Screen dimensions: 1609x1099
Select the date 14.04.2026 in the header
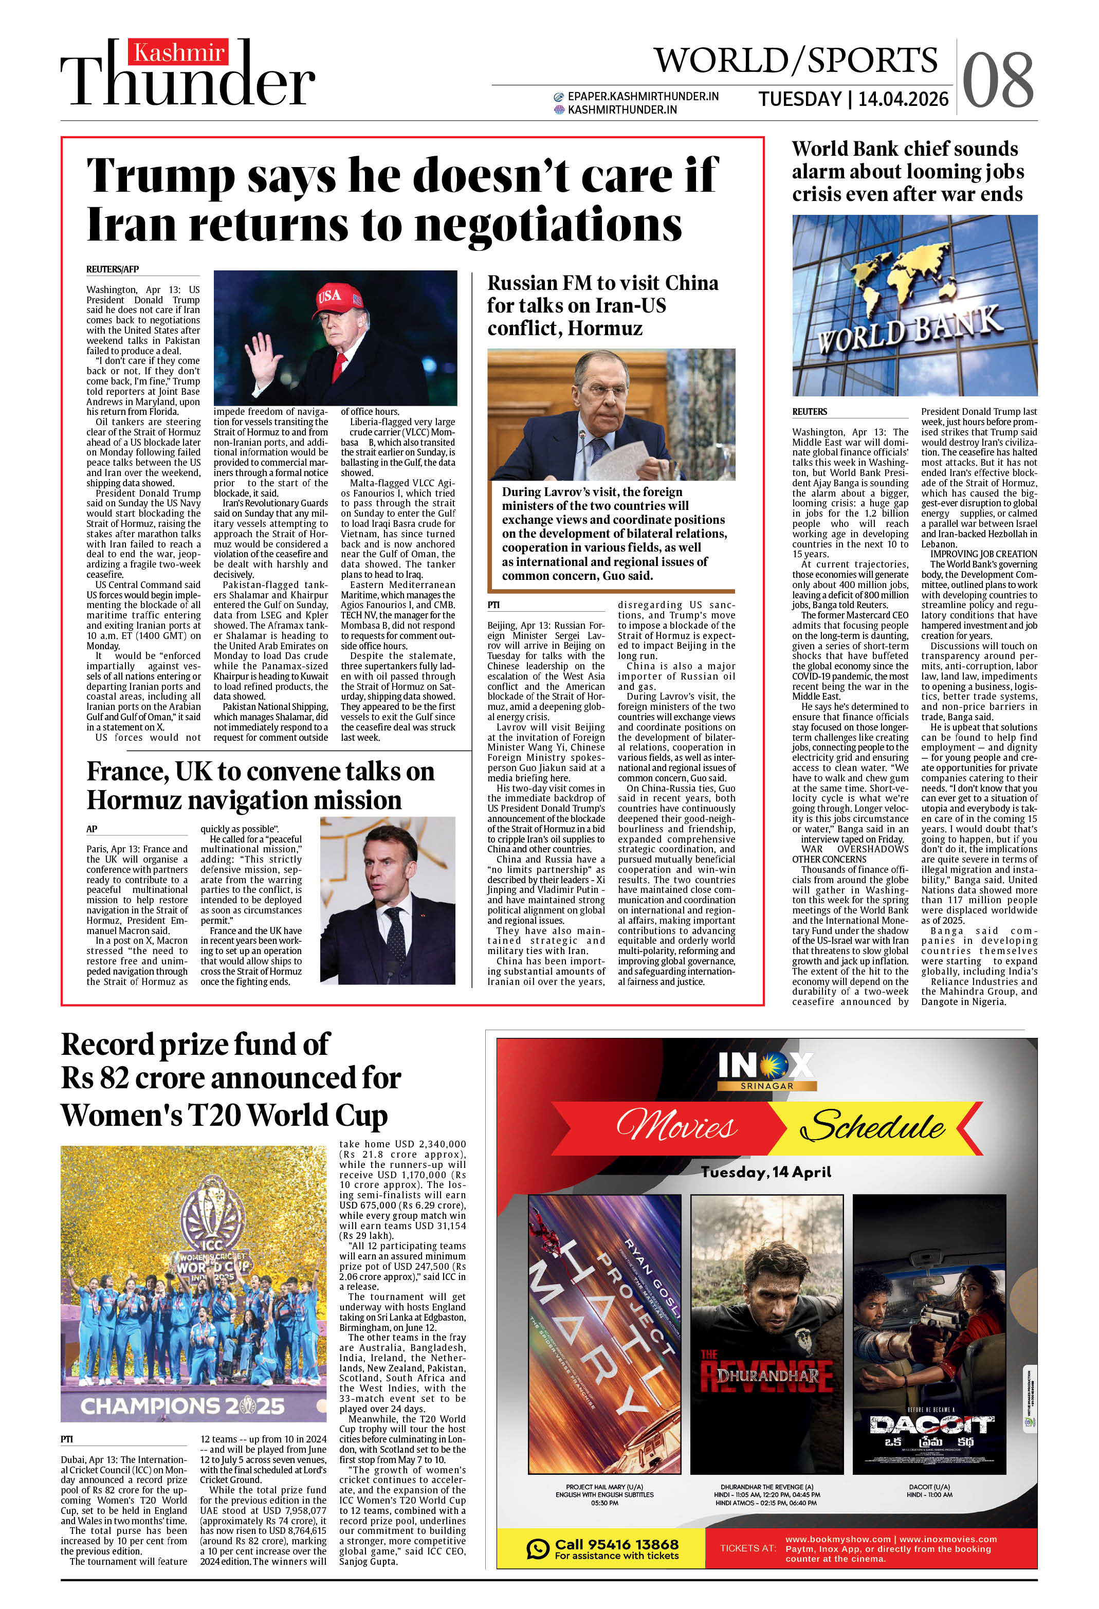click(x=903, y=99)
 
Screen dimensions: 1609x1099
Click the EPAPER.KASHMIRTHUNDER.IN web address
click(x=643, y=96)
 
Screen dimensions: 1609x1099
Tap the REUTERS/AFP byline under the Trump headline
click(x=112, y=269)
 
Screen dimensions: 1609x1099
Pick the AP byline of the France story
click(x=91, y=829)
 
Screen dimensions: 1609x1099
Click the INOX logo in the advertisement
click(x=766, y=1066)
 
